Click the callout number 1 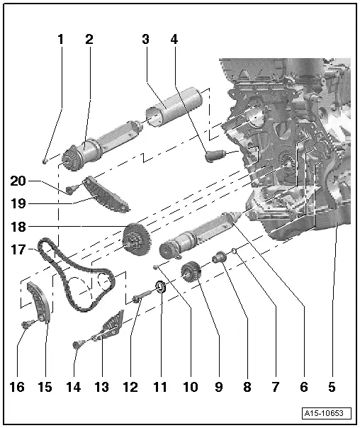(x=61, y=40)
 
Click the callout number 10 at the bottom (x=190, y=387)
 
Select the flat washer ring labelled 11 (x=161, y=287)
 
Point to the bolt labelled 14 (x=77, y=345)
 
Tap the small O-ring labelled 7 (x=235, y=249)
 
